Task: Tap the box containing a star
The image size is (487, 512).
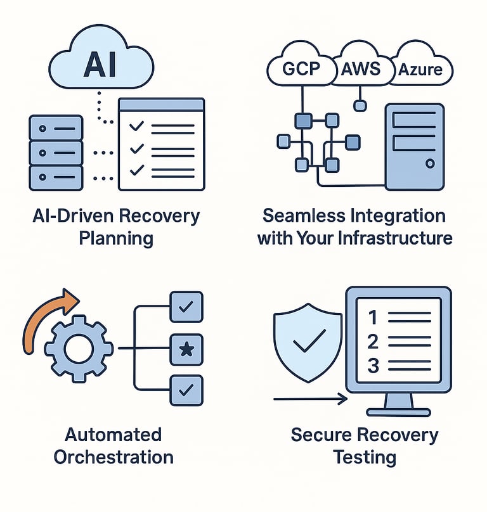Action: click(186, 349)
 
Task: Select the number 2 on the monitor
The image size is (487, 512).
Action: click(373, 342)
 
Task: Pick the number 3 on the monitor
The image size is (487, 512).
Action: click(373, 366)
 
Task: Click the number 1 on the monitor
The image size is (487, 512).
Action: click(373, 317)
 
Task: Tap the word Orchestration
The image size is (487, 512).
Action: click(114, 456)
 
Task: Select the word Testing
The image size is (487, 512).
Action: click(365, 456)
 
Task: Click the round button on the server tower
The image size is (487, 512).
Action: click(430, 164)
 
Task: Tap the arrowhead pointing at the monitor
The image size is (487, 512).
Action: click(342, 399)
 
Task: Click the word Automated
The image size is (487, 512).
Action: click(114, 435)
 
